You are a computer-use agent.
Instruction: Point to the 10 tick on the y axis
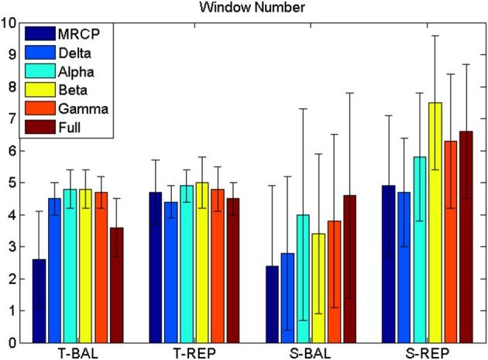(9, 22)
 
